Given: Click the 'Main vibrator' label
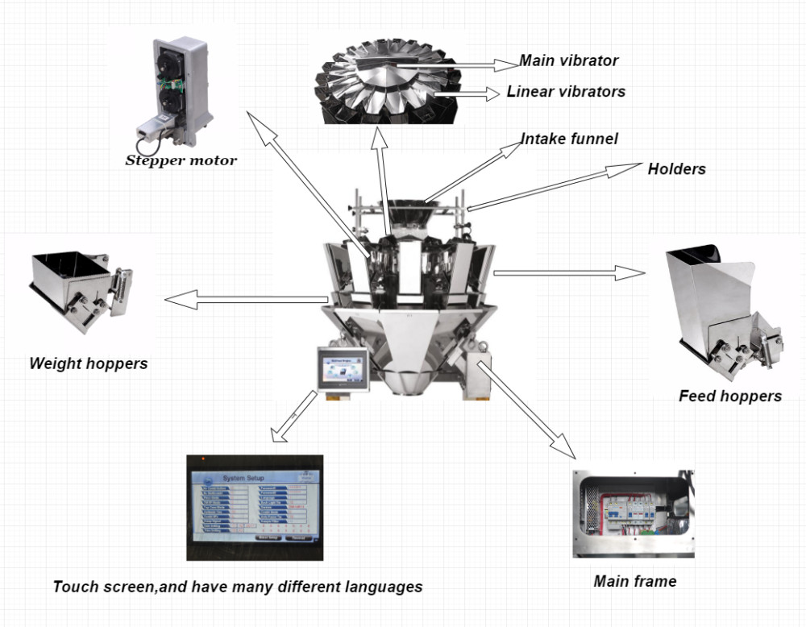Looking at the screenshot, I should coord(568,60).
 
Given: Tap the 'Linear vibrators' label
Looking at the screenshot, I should coord(566,91).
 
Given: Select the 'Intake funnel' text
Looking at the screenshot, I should coord(569,139).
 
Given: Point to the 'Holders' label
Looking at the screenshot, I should coord(676,168).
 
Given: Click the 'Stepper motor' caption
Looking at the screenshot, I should coord(181,160).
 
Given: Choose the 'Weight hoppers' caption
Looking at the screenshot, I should coord(89,363).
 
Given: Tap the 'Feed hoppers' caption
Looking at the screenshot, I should coord(729,396).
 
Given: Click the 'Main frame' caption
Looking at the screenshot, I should coord(634,580).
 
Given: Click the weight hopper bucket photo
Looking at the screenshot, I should coord(77,286).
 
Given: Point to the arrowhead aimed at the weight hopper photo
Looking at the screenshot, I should coord(179,301).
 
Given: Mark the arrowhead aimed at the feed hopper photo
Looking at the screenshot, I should coord(633,273).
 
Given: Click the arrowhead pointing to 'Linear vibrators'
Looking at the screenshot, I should coord(490,93).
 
